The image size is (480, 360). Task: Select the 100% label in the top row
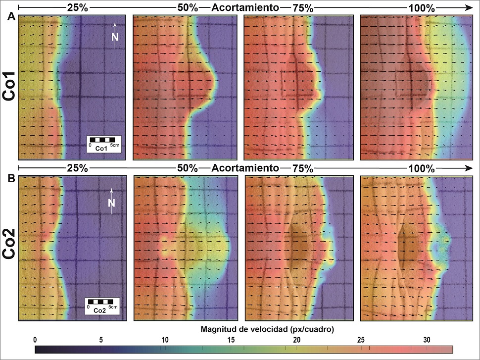tap(421, 8)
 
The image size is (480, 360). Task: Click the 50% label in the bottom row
tap(188, 168)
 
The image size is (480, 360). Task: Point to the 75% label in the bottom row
tap(302, 168)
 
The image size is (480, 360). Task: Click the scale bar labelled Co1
tap(104, 143)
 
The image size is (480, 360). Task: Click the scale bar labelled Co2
tap(102, 305)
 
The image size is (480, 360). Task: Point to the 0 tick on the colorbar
tap(35, 340)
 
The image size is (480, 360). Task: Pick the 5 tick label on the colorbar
tap(100, 340)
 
